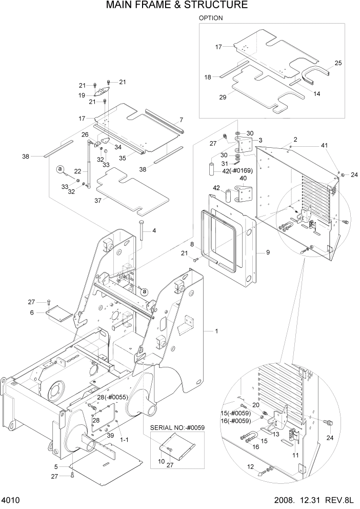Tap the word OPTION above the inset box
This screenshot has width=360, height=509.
tap(210, 18)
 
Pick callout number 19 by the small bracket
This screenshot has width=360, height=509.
tap(82, 95)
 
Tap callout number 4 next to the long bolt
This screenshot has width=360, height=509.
tap(153, 231)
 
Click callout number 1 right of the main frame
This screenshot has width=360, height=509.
tap(216, 331)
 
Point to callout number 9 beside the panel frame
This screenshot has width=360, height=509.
tap(267, 252)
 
